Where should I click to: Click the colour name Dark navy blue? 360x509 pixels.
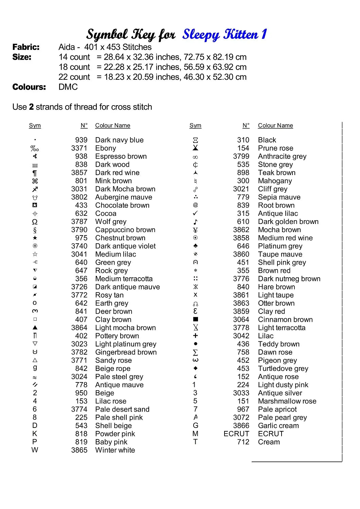pyautogui.click(x=119, y=140)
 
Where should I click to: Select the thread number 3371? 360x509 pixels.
pyautogui.click(x=79, y=148)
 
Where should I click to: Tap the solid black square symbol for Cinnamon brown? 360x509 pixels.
pyautogui.click(x=196, y=319)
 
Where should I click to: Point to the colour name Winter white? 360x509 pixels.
pyautogui.click(x=115, y=450)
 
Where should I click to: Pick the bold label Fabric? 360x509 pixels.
pyautogui.click(x=26, y=47)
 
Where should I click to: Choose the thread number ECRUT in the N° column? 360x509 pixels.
pyautogui.click(x=236, y=434)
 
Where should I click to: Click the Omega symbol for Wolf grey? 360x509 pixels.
pyautogui.click(x=35, y=222)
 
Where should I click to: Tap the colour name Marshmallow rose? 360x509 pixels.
pyautogui.click(x=287, y=401)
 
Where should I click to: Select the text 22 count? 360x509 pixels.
pyautogui.click(x=74, y=77)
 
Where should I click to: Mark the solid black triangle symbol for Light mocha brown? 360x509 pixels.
pyautogui.click(x=35, y=328)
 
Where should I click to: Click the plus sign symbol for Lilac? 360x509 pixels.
pyautogui.click(x=195, y=336)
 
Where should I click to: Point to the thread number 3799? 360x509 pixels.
pyautogui.click(x=241, y=156)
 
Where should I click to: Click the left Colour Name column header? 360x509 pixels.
pyautogui.click(x=112, y=126)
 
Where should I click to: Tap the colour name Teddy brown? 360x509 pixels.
pyautogui.click(x=278, y=344)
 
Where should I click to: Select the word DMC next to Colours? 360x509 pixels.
pyautogui.click(x=68, y=87)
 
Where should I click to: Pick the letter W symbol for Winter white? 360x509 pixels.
pyautogui.click(x=35, y=450)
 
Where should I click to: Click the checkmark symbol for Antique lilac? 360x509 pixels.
pyautogui.click(x=195, y=213)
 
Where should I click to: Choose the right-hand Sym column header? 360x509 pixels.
pyautogui.click(x=195, y=126)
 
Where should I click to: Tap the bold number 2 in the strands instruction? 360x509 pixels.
pyautogui.click(x=31, y=107)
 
